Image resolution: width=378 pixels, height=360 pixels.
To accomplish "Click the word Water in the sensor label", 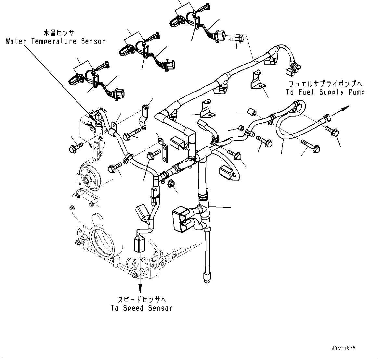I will point(17,42).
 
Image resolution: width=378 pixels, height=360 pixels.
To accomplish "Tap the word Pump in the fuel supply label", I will point(355,92).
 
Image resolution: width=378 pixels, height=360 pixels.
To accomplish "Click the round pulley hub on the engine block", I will point(87,179).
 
